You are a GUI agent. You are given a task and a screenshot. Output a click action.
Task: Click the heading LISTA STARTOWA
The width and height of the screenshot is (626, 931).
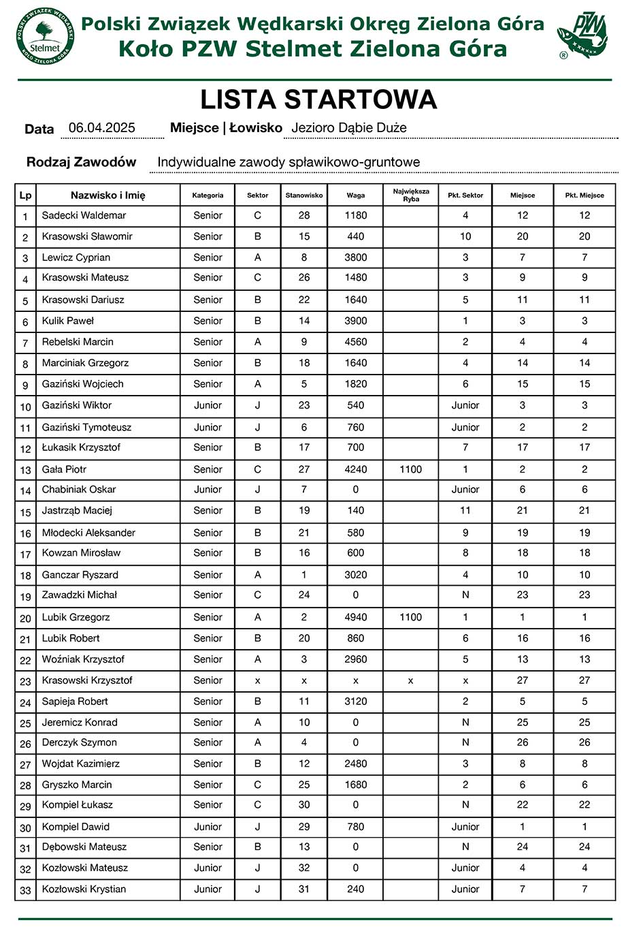(x=318, y=100)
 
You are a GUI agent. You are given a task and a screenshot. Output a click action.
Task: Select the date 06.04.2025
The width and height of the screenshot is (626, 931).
(x=102, y=128)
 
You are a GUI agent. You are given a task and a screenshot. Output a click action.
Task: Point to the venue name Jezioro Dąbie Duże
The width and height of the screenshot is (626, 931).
(x=348, y=128)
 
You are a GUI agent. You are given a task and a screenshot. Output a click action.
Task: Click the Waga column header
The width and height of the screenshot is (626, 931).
(x=355, y=195)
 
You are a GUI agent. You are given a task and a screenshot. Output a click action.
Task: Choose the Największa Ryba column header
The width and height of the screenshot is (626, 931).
(x=411, y=195)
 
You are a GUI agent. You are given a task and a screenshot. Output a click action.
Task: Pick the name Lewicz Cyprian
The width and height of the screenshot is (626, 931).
(x=76, y=257)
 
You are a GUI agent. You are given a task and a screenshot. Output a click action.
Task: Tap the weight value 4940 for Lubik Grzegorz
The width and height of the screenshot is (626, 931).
(x=355, y=617)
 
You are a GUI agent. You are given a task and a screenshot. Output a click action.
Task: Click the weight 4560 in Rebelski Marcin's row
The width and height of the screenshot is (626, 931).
(x=355, y=342)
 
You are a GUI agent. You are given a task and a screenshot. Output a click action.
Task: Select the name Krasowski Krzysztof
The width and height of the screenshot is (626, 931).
(x=87, y=680)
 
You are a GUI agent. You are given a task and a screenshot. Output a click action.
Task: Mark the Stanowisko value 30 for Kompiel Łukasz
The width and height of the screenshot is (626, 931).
(x=304, y=804)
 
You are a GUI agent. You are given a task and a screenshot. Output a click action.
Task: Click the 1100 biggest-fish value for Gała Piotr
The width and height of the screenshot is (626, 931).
(x=411, y=469)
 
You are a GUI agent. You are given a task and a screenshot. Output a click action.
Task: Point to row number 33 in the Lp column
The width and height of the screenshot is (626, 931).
(x=26, y=889)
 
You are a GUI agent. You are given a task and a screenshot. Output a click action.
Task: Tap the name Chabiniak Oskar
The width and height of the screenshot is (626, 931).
(x=79, y=490)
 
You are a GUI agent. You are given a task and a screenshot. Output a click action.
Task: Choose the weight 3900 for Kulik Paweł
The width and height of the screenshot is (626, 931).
(x=355, y=321)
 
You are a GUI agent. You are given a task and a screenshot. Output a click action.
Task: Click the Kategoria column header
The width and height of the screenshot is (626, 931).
(x=208, y=195)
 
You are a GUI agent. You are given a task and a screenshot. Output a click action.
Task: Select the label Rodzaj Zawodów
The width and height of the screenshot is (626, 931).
(x=81, y=162)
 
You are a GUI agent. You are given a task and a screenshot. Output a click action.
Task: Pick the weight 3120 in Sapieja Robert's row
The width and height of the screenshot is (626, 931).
(x=355, y=701)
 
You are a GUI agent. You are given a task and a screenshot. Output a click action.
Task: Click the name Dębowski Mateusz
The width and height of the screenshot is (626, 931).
(x=84, y=847)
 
